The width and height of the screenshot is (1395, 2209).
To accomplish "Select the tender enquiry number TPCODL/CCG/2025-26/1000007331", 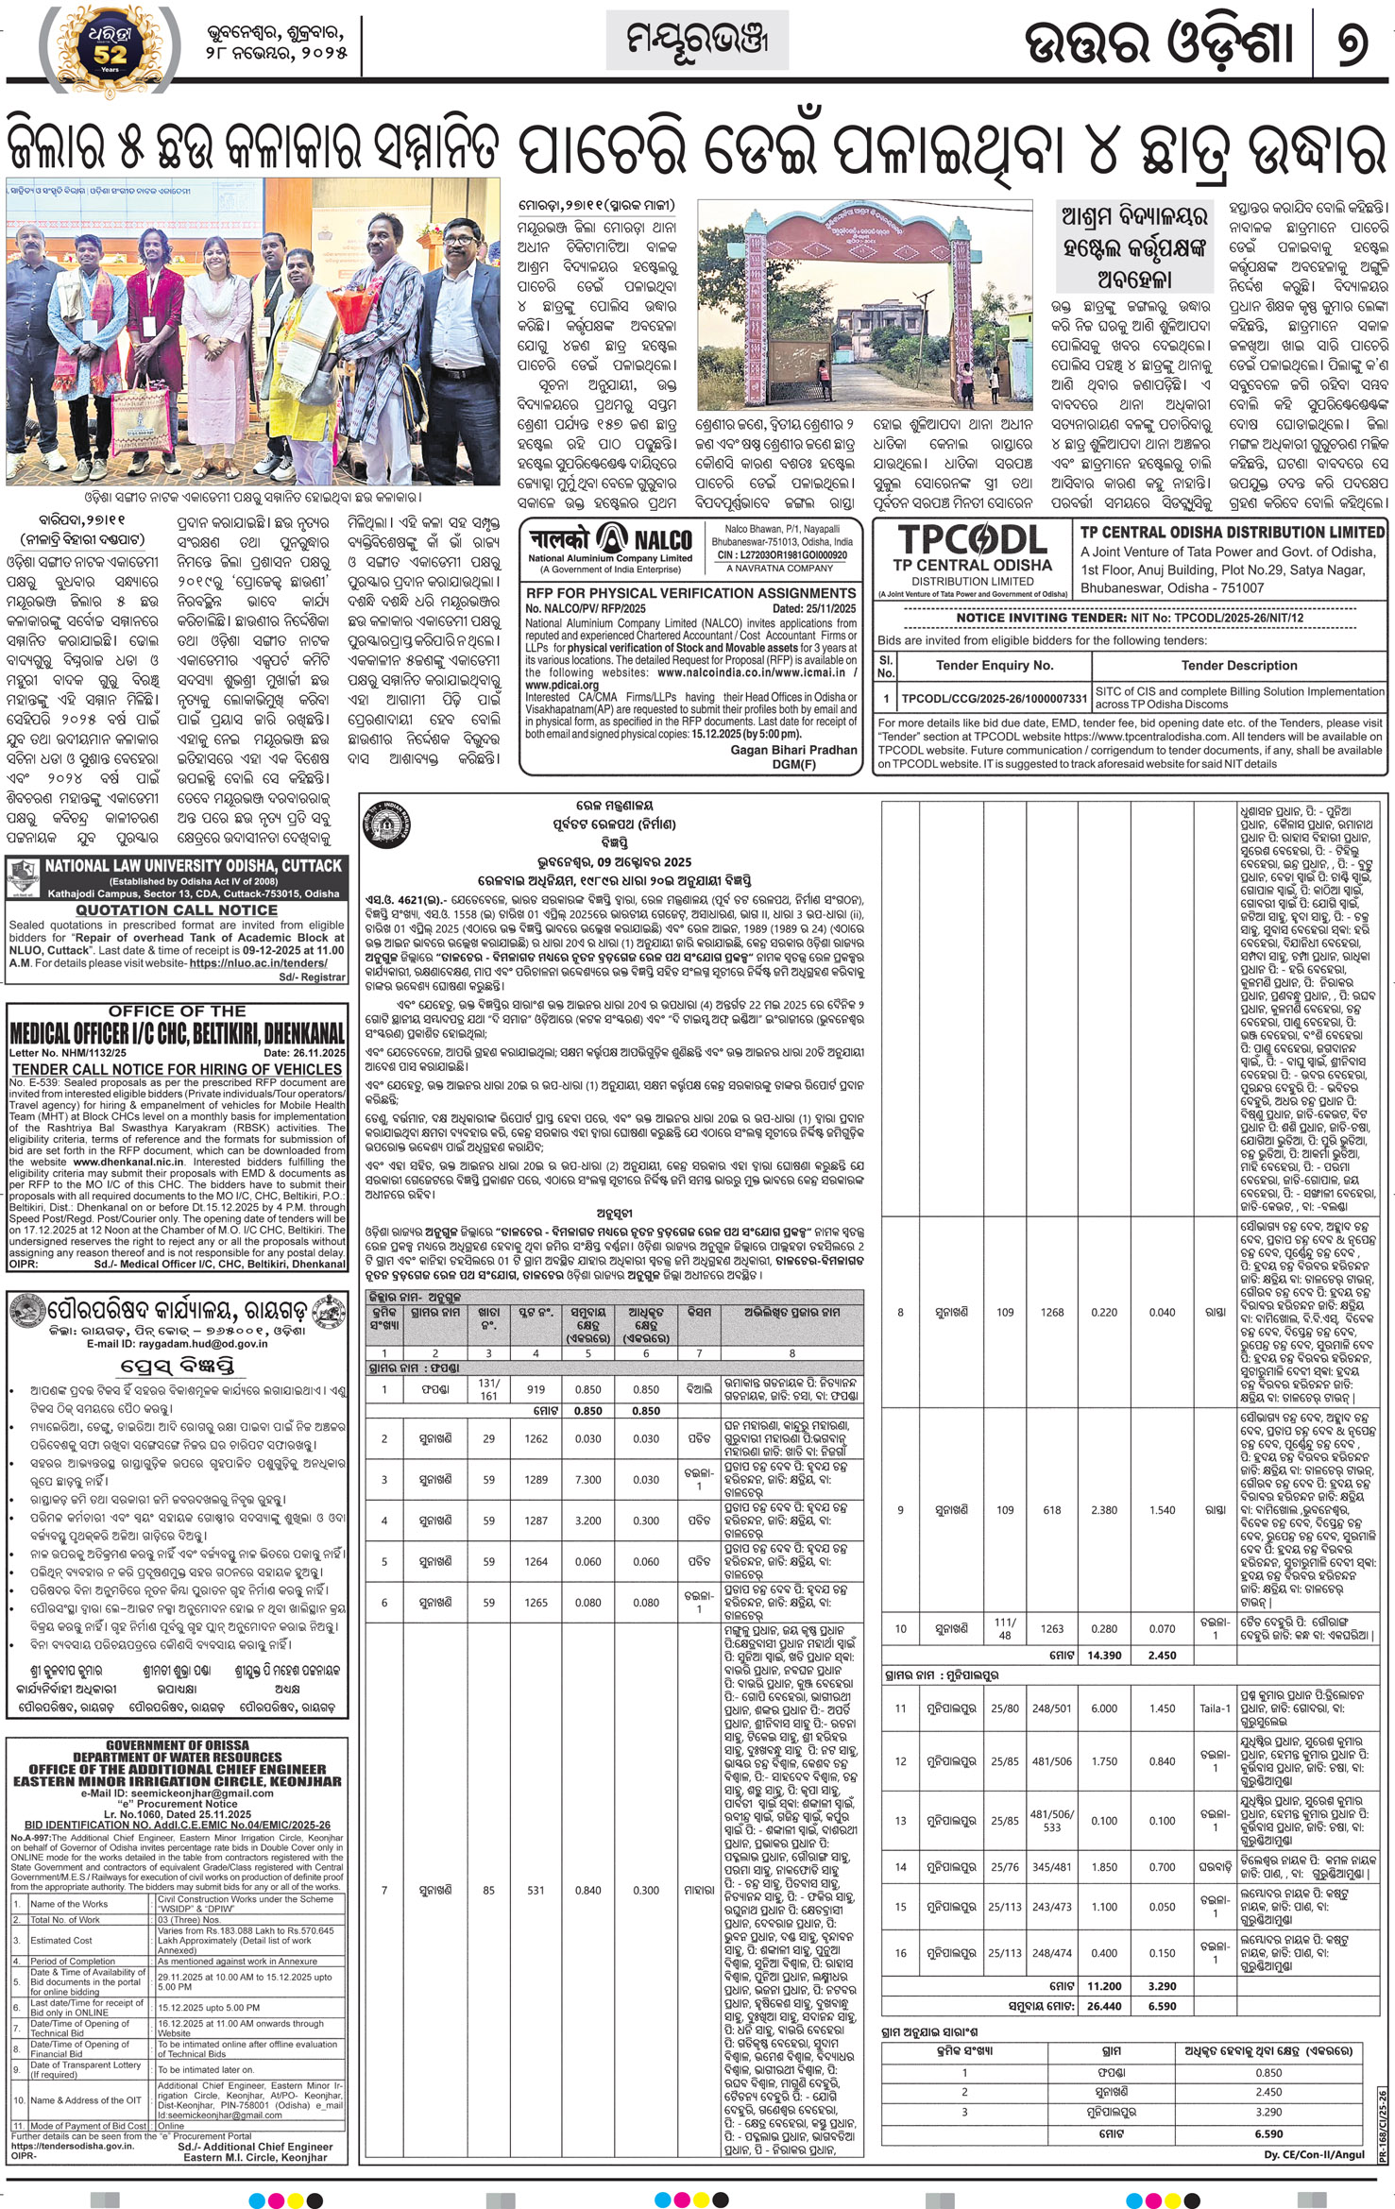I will [994, 699].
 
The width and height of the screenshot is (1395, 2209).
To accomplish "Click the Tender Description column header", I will [1239, 665].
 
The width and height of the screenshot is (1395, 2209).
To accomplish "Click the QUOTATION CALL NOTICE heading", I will [177, 909].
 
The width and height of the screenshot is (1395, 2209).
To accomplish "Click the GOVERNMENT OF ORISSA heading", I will [178, 1744].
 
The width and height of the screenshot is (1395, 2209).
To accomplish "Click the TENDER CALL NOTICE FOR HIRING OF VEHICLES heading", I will [177, 1069].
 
